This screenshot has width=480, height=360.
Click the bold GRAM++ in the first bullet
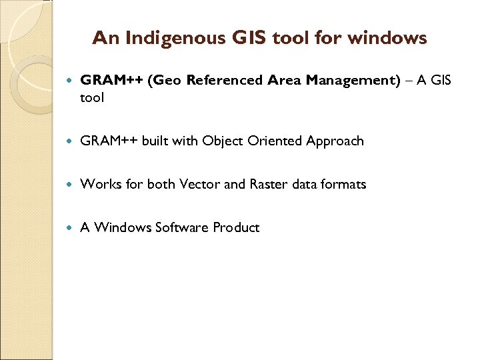[x=111, y=81]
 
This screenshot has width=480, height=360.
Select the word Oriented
[x=275, y=141]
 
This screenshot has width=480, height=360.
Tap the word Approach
[x=335, y=141]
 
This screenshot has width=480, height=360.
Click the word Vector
[x=199, y=184]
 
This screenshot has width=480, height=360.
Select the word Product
[x=236, y=227]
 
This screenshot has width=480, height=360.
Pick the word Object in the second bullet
[x=223, y=141]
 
